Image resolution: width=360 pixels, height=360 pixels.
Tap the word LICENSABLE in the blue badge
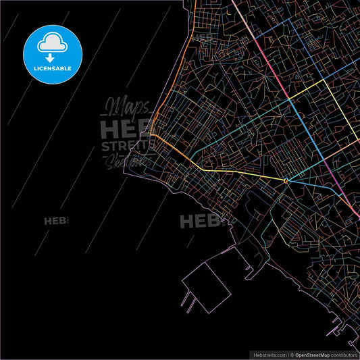[53, 68]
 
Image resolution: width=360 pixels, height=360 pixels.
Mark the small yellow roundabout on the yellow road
[286, 180]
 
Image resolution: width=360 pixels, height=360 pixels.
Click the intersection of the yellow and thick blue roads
[290, 100]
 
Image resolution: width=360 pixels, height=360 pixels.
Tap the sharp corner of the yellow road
[325, 80]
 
